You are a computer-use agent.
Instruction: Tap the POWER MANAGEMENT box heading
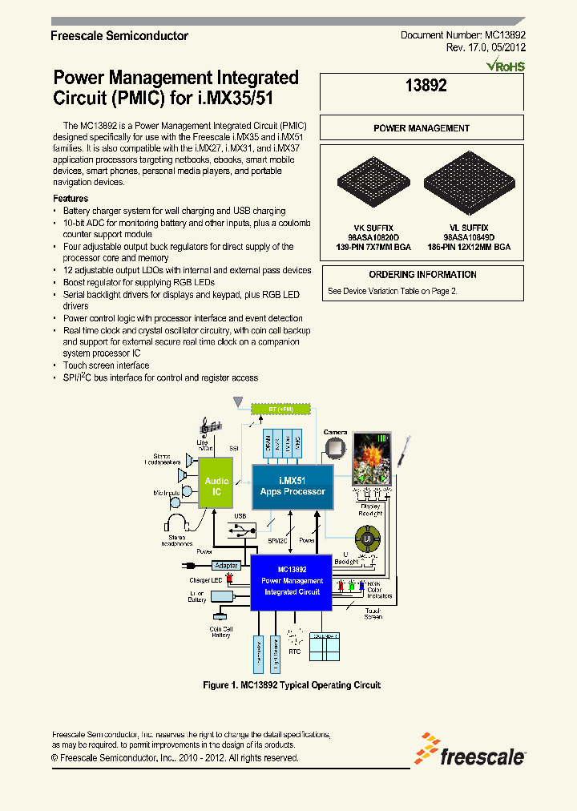click(x=422, y=128)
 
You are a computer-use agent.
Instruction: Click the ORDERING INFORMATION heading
click(x=422, y=274)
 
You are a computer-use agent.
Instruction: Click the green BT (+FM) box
click(x=280, y=408)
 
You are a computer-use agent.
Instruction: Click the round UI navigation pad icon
click(x=369, y=539)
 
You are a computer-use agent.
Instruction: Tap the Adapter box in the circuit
click(x=227, y=565)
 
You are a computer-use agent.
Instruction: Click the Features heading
click(x=71, y=199)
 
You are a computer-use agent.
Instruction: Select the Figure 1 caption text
click(x=292, y=685)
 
